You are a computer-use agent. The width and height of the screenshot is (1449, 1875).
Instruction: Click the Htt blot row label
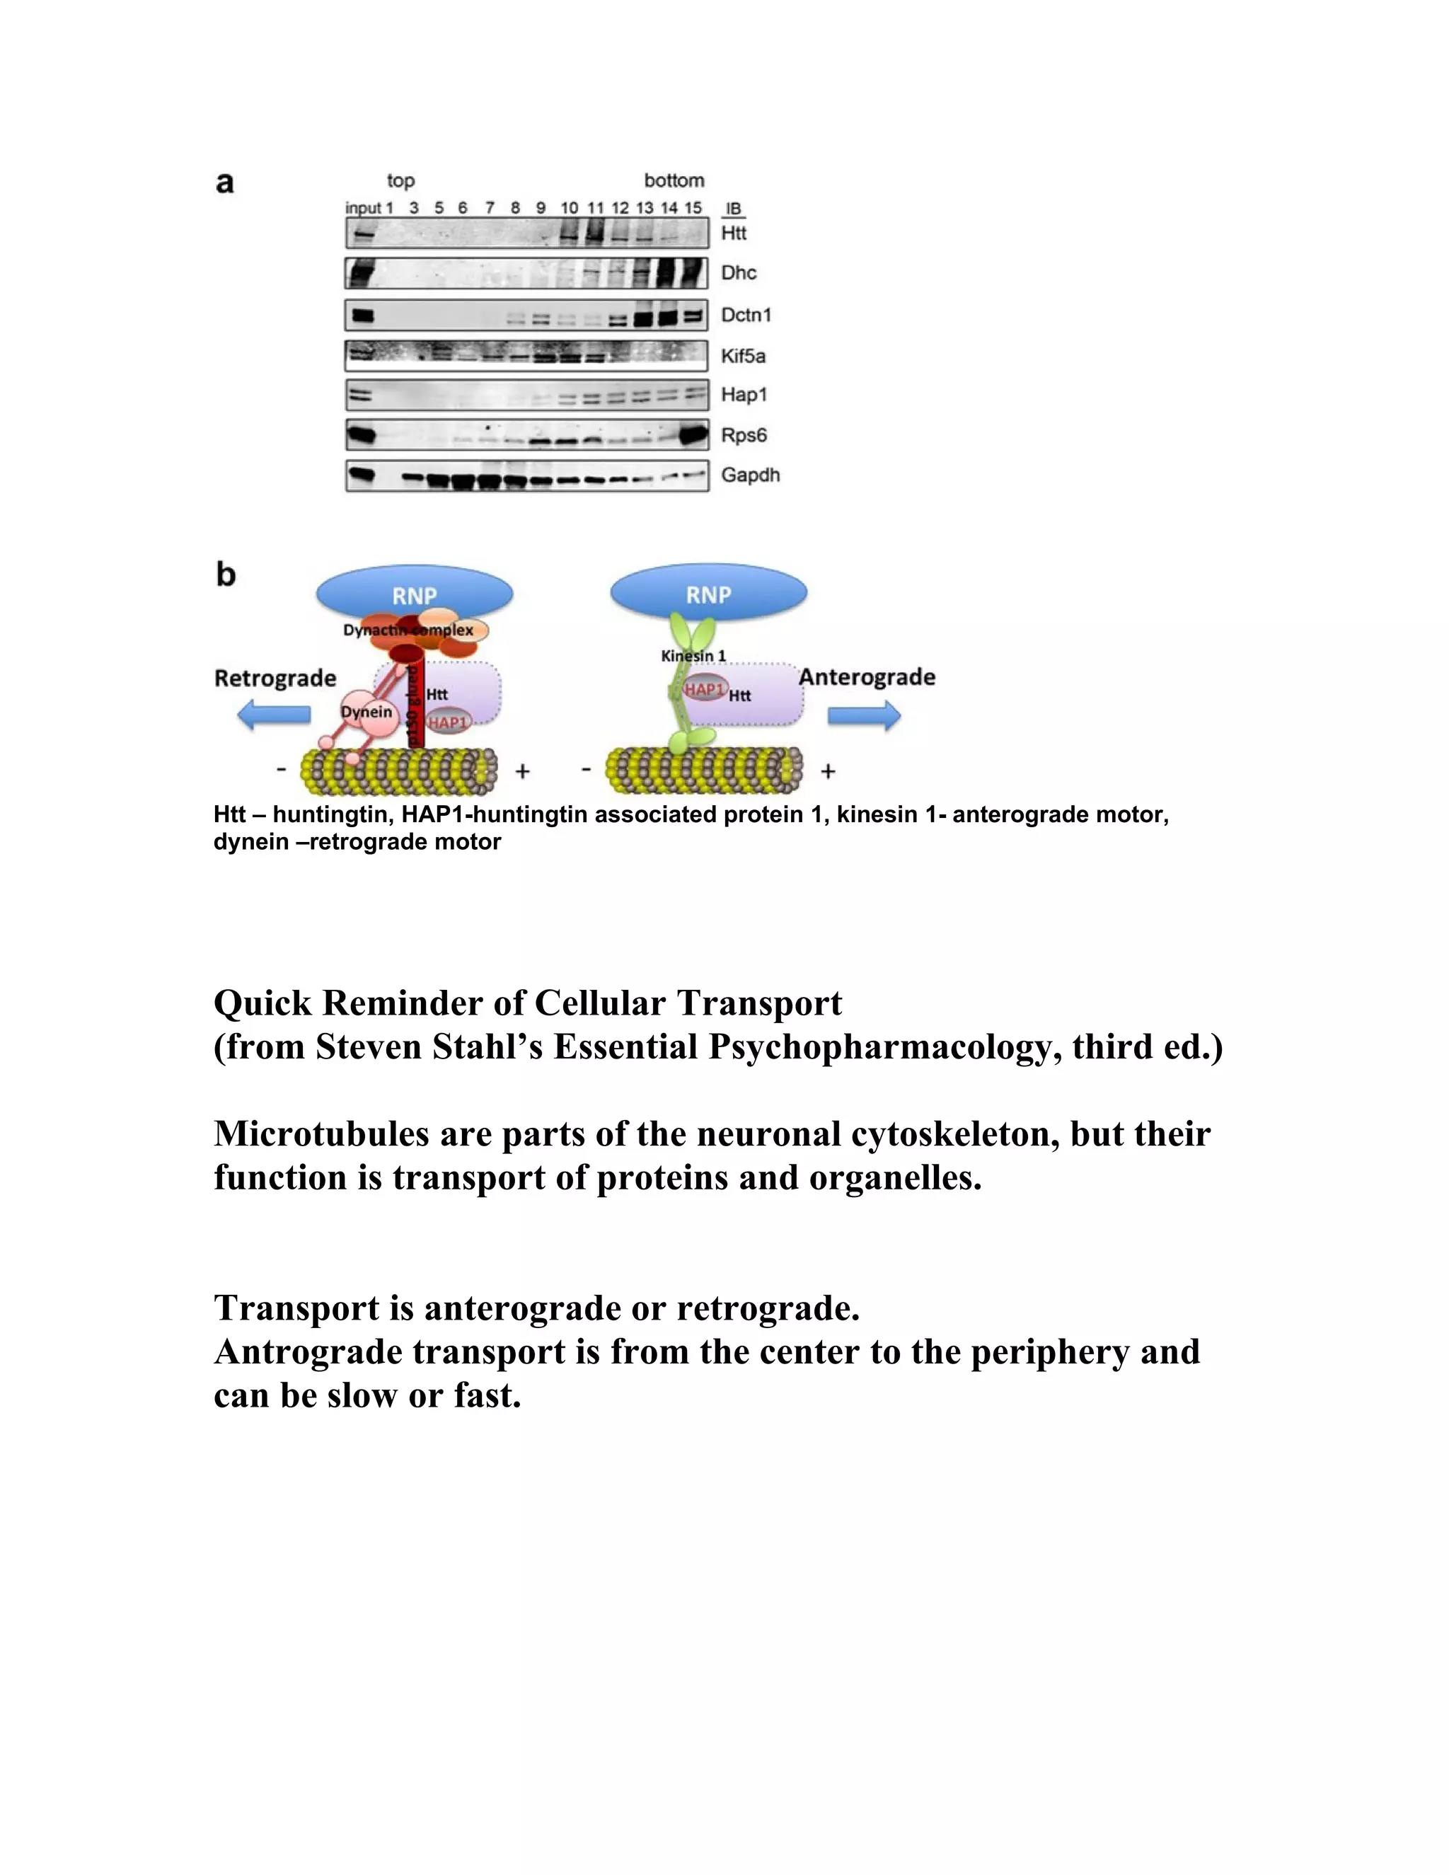733,233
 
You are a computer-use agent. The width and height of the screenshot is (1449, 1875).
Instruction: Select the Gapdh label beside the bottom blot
749,475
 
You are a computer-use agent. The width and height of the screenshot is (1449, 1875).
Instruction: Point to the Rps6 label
744,435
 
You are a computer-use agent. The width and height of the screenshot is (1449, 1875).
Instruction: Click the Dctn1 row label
745,315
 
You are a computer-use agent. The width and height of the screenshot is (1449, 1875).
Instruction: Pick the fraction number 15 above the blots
693,208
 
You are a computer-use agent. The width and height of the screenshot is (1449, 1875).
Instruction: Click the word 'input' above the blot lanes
362,208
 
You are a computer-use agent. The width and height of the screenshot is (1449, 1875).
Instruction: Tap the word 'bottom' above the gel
674,180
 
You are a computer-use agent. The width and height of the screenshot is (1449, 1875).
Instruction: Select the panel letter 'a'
225,183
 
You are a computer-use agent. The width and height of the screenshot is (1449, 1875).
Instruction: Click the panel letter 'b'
226,574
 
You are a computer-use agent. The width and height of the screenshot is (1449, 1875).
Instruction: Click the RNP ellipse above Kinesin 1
708,593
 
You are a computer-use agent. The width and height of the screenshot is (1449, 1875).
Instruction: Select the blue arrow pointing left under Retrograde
274,715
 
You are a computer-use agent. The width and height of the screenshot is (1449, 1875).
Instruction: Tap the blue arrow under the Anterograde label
864,715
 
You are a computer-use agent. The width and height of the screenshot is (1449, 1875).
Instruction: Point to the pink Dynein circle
366,712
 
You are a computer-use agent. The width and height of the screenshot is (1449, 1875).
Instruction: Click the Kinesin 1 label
693,656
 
